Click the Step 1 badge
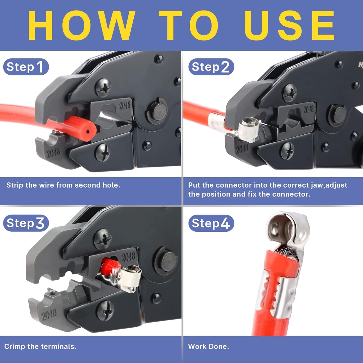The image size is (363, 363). click(x=26, y=67)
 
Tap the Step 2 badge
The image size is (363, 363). click(x=211, y=67)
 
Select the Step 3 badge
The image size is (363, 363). click(x=26, y=223)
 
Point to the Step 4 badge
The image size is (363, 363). click(x=211, y=223)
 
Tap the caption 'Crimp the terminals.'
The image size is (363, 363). click(x=40, y=347)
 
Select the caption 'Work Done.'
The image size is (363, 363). click(x=209, y=347)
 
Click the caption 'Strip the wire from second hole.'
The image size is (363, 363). click(x=63, y=185)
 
